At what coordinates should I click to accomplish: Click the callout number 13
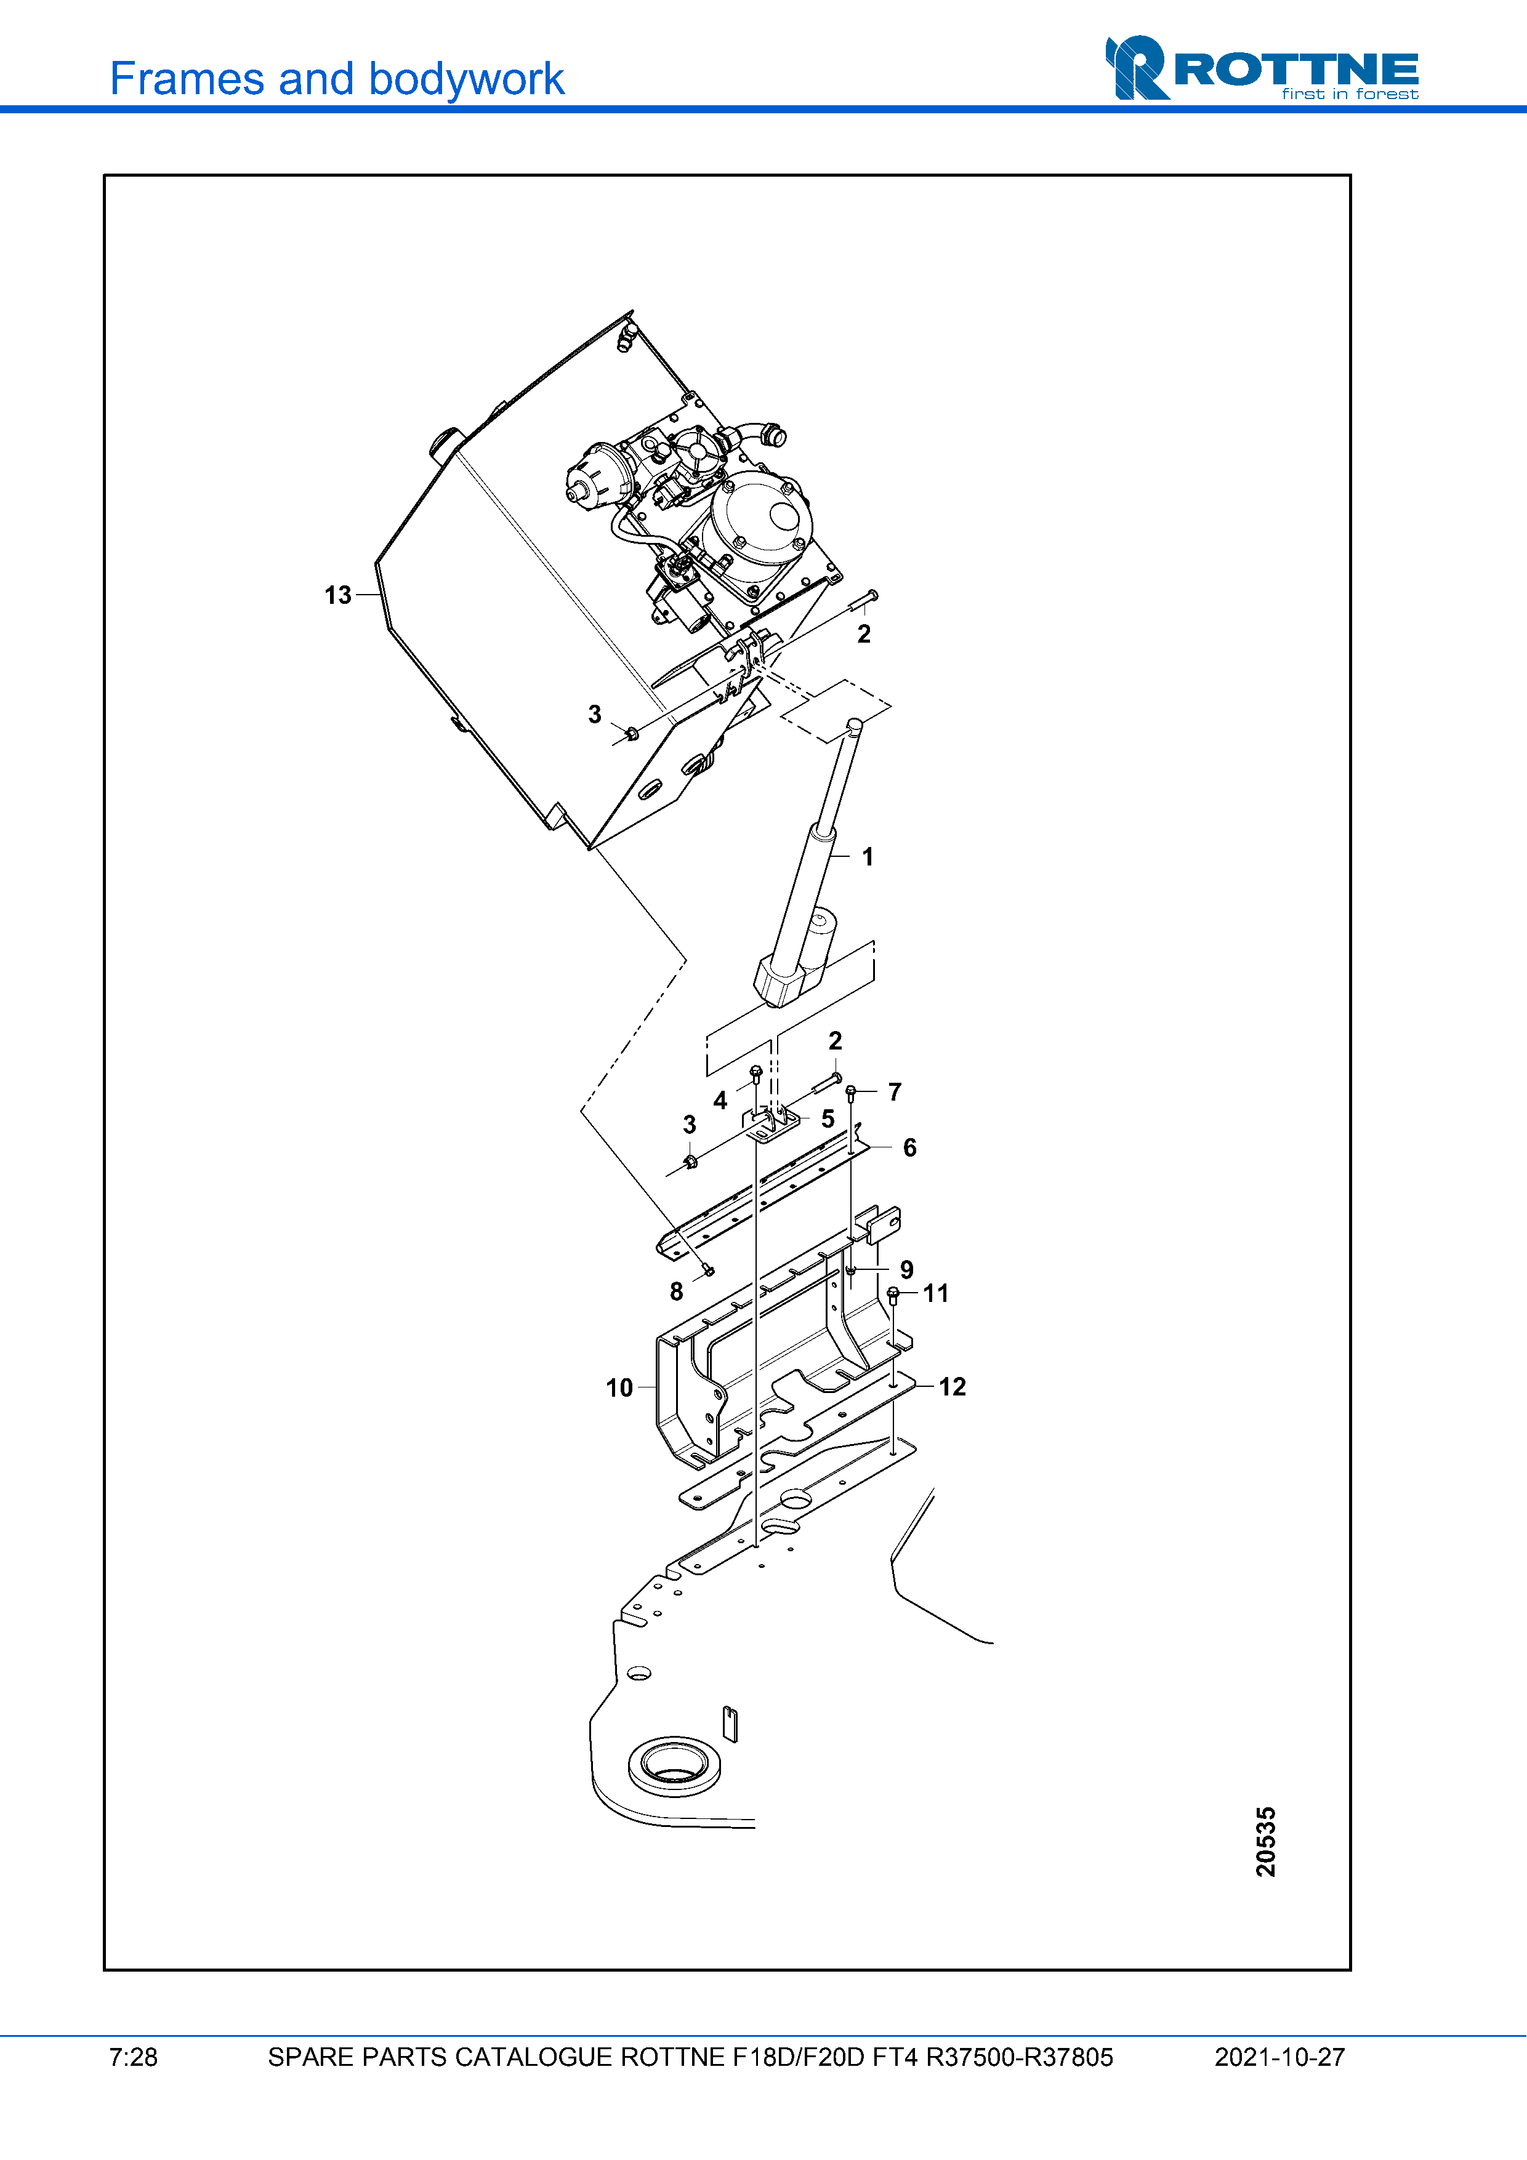point(337,595)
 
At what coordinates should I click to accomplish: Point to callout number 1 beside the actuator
point(868,857)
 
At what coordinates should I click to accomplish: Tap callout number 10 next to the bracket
point(618,1387)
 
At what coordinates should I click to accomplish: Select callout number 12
point(952,1387)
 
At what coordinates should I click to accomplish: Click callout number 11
point(935,1293)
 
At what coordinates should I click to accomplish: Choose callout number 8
point(675,1291)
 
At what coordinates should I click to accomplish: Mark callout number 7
point(894,1091)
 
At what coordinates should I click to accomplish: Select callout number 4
point(720,1100)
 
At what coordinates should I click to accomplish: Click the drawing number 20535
point(1265,1841)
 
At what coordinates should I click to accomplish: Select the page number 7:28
point(132,2057)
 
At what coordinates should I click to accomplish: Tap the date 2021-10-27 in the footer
point(1279,2057)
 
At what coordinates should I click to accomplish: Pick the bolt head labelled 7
point(850,1091)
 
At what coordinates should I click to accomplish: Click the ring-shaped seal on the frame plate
point(674,1766)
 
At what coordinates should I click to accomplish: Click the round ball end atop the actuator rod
point(854,725)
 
